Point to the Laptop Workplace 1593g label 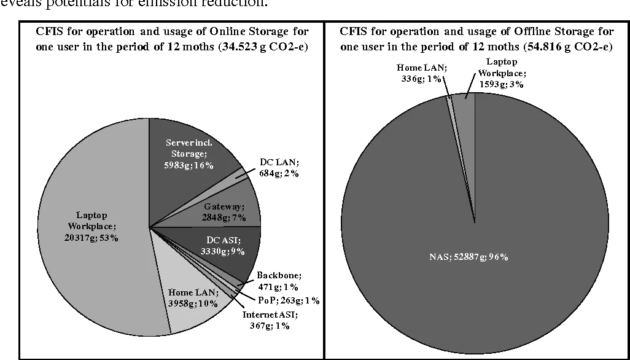pos(501,72)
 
